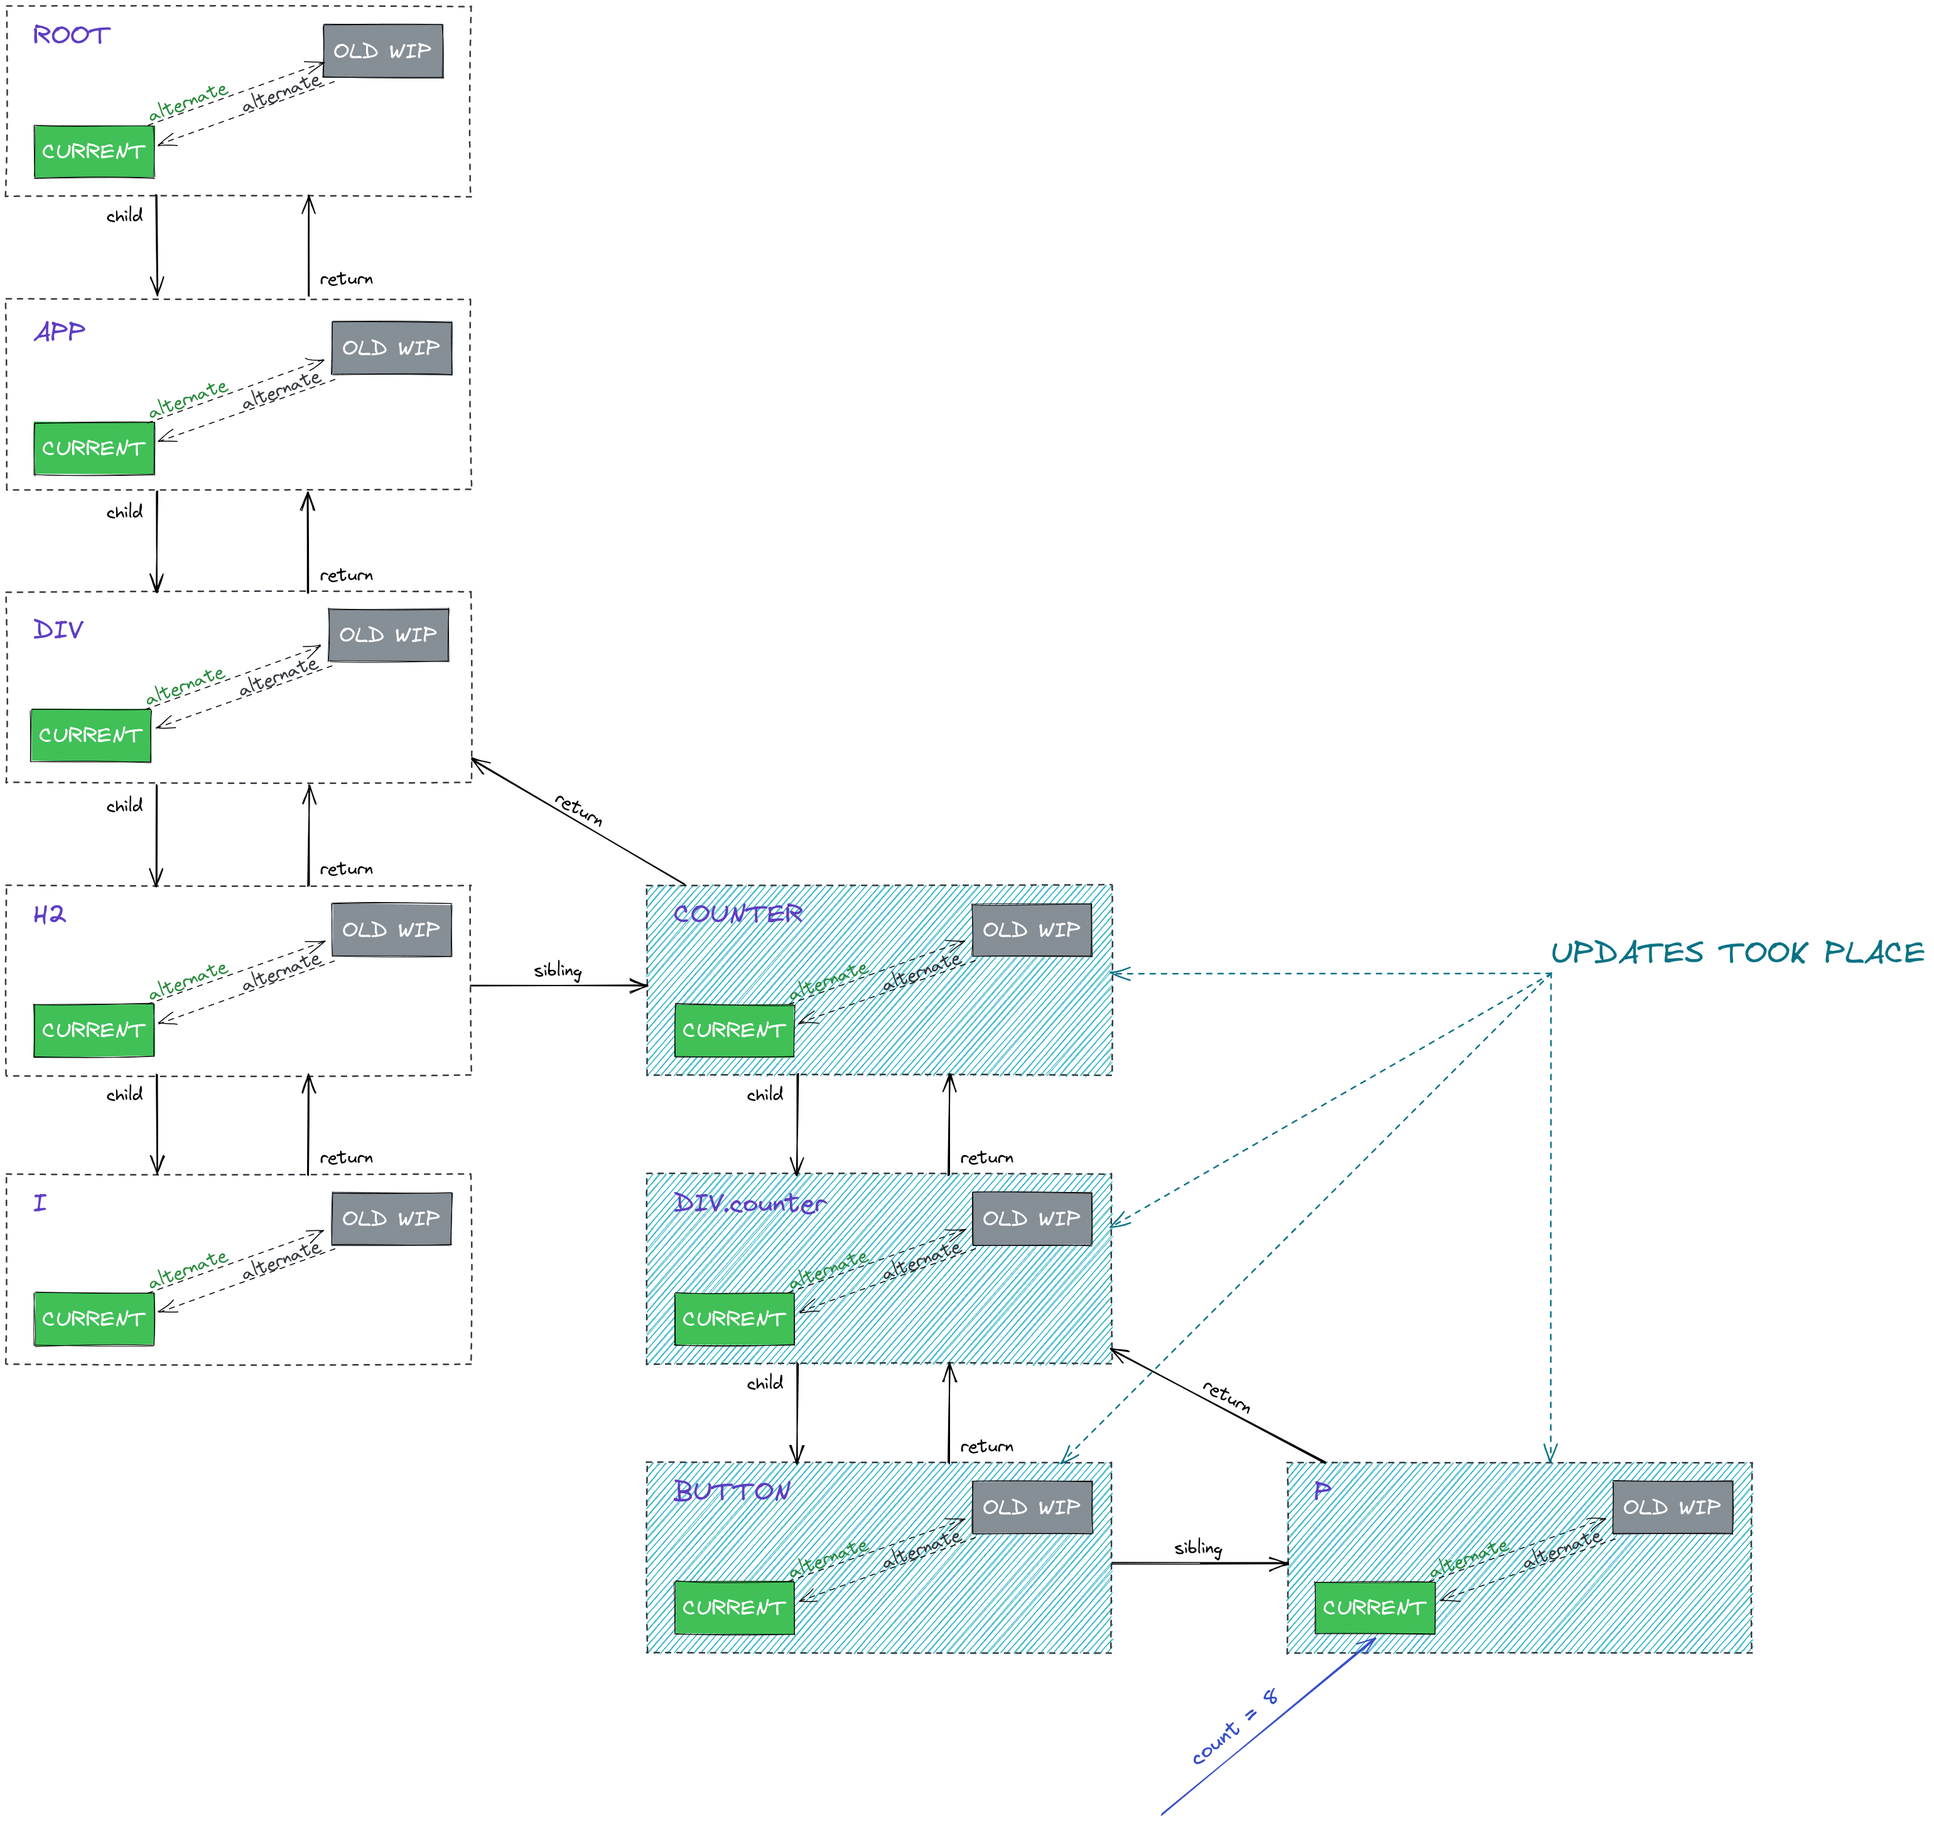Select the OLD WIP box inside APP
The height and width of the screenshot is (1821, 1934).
[391, 347]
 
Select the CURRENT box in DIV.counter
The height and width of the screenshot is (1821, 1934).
[733, 1318]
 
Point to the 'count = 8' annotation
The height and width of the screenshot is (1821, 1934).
[1234, 1727]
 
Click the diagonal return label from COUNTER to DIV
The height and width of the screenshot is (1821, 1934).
[578, 808]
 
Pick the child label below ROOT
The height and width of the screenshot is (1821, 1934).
[124, 215]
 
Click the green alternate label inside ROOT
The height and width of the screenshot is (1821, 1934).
[188, 101]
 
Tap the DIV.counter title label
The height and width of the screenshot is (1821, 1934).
[749, 1203]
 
